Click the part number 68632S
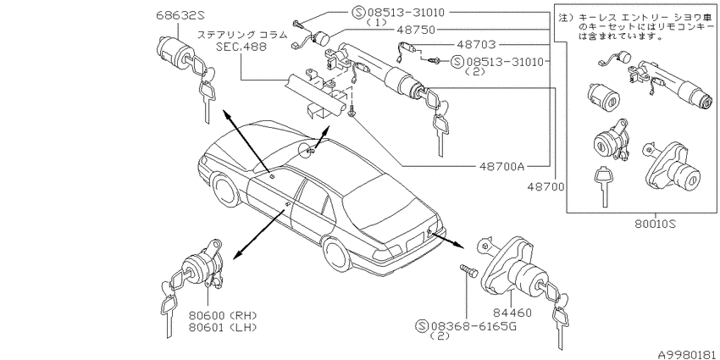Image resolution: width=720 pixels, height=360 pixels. [x=180, y=15]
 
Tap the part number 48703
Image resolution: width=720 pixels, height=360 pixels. [x=476, y=45]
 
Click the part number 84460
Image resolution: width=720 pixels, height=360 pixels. [x=512, y=313]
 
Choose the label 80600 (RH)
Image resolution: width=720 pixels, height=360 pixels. [x=222, y=315]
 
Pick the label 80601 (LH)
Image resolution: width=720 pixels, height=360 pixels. [x=222, y=327]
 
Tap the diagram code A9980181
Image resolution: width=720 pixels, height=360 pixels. [x=688, y=354]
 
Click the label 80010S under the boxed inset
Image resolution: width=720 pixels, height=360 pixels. [x=656, y=224]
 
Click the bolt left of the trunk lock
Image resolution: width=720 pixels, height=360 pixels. [x=468, y=270]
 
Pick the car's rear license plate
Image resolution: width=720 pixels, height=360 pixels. [x=415, y=241]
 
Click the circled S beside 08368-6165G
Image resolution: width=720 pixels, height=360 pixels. [x=422, y=326]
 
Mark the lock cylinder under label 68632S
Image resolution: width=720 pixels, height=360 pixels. [x=173, y=49]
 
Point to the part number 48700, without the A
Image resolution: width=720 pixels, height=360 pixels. [x=546, y=186]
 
